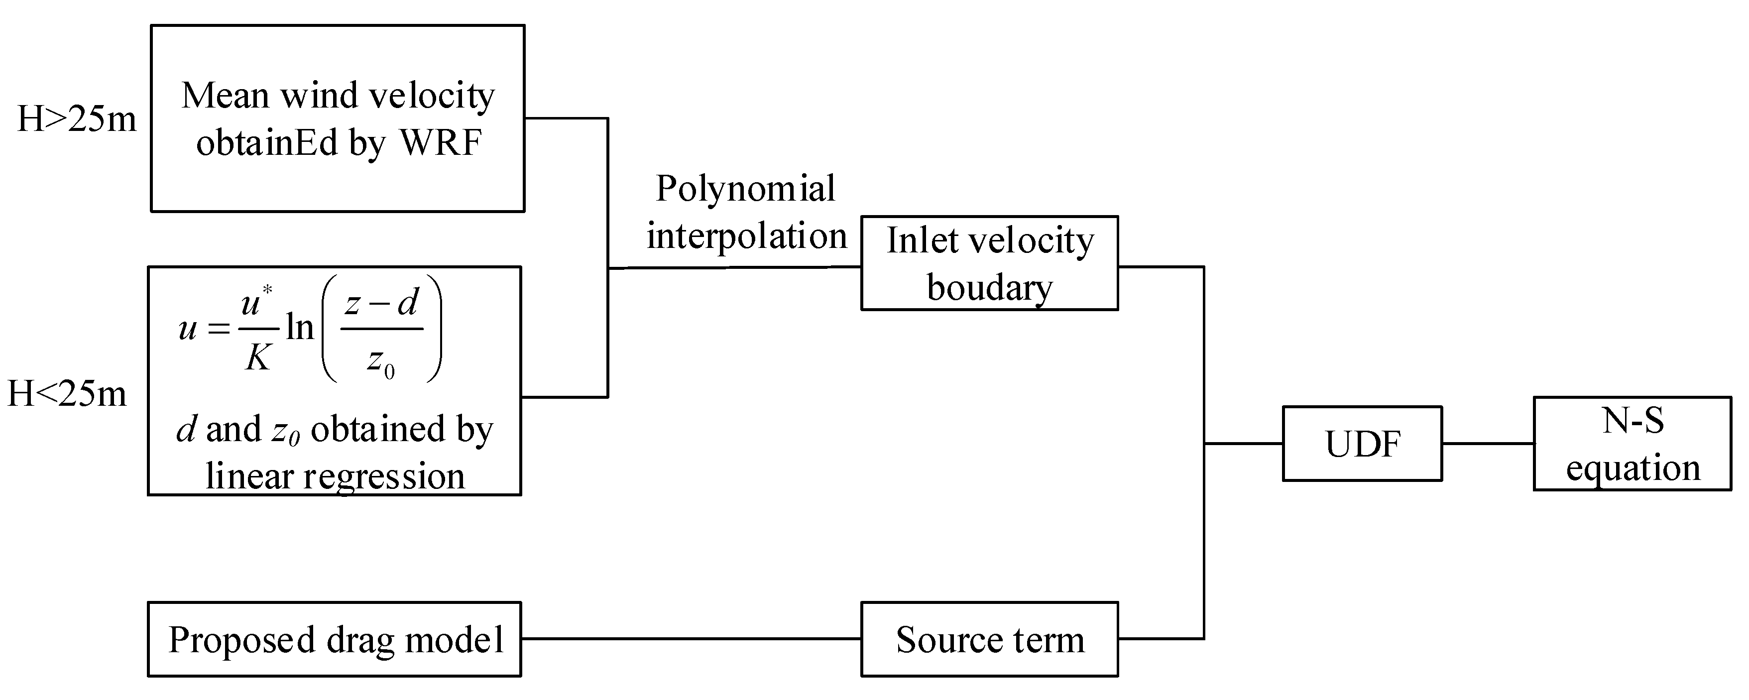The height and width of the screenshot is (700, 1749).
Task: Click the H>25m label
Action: pyautogui.click(x=77, y=119)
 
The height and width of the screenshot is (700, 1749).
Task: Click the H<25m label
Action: pyautogui.click(x=67, y=394)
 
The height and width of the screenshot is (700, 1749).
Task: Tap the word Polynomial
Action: pyautogui.click(x=745, y=189)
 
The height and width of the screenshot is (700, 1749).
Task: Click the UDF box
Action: pyautogui.click(x=1362, y=444)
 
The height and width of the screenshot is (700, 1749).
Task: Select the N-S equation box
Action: pyautogui.click(x=1632, y=444)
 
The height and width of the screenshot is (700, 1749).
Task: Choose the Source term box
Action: pyautogui.click(x=989, y=640)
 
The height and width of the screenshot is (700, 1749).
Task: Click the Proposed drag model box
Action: pyautogui.click(x=335, y=640)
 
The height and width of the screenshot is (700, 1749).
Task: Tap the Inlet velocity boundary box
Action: pyautogui.click(x=989, y=263)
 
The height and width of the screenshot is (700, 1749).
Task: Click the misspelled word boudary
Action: pyautogui.click(x=989, y=288)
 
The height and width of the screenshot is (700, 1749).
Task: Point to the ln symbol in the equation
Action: pyautogui.click(x=299, y=328)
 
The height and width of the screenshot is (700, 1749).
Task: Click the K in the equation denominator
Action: pyautogui.click(x=257, y=357)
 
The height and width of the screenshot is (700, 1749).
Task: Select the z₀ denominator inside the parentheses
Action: pyautogui.click(x=380, y=360)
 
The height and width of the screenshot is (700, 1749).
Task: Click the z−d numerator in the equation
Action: pyautogui.click(x=381, y=303)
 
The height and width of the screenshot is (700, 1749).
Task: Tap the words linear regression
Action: pyautogui.click(x=335, y=476)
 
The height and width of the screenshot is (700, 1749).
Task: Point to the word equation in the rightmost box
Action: pyautogui.click(x=1632, y=468)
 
